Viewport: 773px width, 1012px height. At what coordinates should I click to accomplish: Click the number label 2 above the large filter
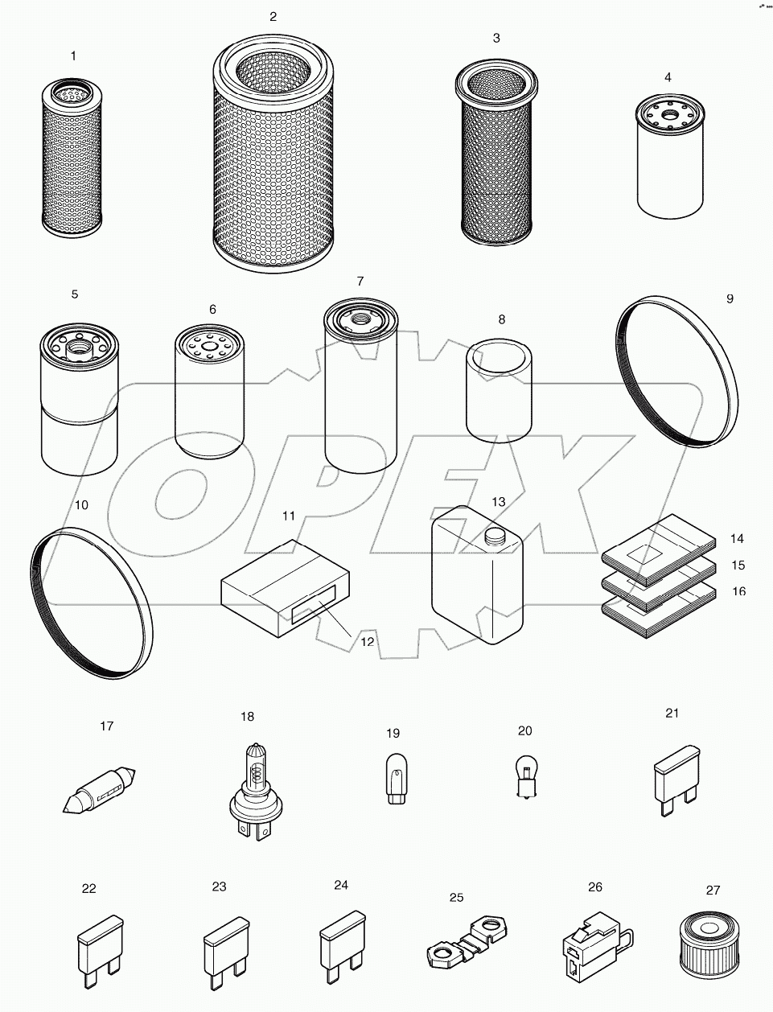[273, 17]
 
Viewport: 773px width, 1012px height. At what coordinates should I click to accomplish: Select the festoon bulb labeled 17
[100, 789]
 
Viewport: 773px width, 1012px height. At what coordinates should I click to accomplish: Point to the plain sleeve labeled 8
[500, 392]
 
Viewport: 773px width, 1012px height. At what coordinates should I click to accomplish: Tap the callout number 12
[367, 641]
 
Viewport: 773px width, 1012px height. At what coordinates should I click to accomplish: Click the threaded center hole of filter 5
[78, 349]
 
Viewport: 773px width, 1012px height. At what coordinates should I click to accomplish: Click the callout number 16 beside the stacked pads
[738, 591]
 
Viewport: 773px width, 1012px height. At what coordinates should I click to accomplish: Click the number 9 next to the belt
[730, 298]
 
